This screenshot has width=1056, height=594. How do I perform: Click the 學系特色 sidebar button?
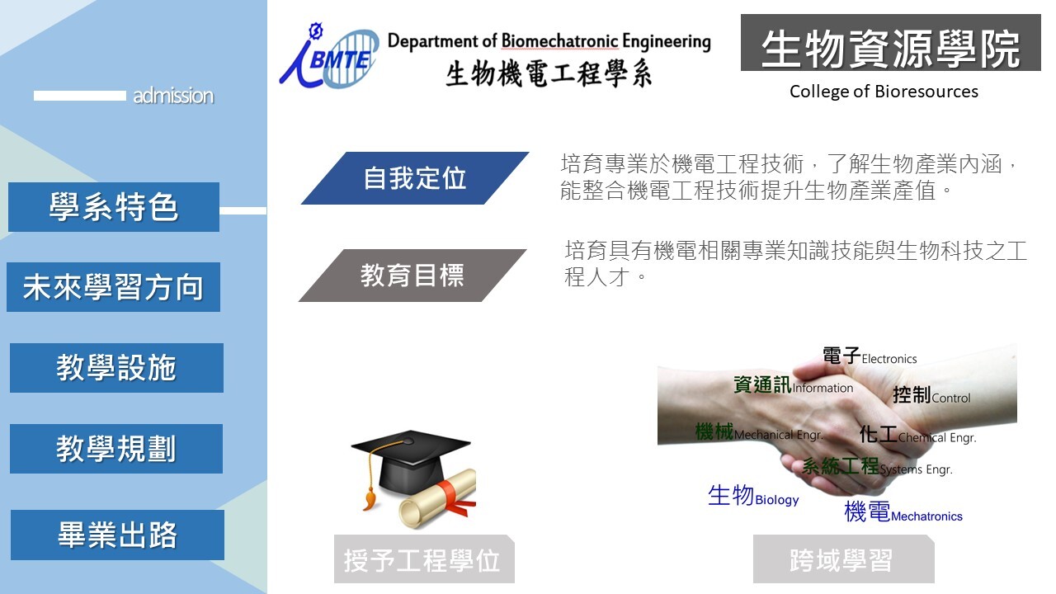114,207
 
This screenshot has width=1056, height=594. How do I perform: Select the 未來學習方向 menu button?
113,287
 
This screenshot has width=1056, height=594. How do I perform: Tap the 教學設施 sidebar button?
116,368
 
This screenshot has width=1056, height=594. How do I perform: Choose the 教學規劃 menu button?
116,448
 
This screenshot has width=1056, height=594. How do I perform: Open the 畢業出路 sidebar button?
117,535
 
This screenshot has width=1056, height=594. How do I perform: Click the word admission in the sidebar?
173,96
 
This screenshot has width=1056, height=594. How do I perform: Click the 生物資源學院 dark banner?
890,42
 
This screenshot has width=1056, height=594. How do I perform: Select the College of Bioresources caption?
884,92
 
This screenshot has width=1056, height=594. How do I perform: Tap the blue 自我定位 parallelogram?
415,178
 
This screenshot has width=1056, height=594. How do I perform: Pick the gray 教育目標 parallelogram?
412,276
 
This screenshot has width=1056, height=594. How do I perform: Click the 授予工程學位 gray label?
424,559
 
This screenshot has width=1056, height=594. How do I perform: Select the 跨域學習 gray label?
843,559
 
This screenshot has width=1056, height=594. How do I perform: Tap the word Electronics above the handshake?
889,359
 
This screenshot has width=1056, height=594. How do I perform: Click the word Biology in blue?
777,500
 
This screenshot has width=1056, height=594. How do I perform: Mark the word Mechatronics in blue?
926,516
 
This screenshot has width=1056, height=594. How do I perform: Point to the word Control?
951,398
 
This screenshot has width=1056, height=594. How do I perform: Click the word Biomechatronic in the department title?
559,41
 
